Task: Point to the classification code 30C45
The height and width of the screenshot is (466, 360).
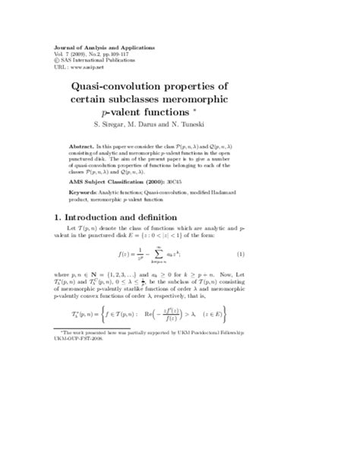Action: coord(208,182)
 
